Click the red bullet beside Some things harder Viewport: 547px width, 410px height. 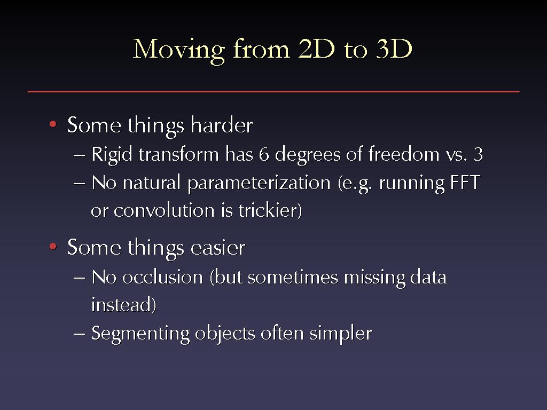coord(53,124)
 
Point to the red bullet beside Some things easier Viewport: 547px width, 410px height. coord(53,247)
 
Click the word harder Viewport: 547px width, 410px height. coord(222,124)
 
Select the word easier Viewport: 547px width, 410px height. coord(218,248)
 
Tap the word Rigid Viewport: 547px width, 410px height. coord(112,154)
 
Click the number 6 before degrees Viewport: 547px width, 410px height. coord(264,154)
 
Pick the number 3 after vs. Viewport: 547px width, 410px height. coord(478,154)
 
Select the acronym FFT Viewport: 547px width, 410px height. coord(465,183)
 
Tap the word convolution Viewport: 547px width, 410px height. coord(164,210)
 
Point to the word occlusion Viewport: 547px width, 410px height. coord(162,277)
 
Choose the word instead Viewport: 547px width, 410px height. coord(123,304)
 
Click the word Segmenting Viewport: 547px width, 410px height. coord(140,334)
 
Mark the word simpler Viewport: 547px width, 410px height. coord(340,334)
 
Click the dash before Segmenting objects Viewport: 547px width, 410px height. coord(79,334)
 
